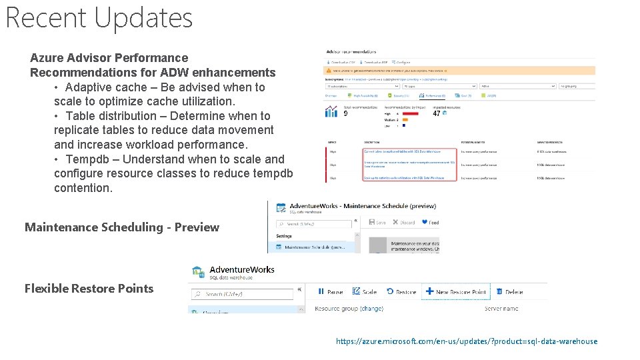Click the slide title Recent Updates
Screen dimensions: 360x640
pyautogui.click(x=99, y=18)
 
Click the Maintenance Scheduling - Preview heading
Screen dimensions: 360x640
pyautogui.click(x=122, y=227)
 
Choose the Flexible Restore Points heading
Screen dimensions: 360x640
pyautogui.click(x=89, y=289)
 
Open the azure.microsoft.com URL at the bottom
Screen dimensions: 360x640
pyautogui.click(x=467, y=341)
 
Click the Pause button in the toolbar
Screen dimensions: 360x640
pyautogui.click(x=331, y=292)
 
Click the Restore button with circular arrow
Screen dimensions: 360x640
pyautogui.click(x=402, y=292)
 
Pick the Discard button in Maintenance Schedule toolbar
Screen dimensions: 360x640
pyautogui.click(x=404, y=223)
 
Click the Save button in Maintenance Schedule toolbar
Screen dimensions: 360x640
pyautogui.click(x=377, y=223)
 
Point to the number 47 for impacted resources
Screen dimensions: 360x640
pyautogui.click(x=437, y=113)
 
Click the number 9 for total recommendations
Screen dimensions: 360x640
pyautogui.click(x=345, y=113)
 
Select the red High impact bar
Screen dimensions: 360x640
pyautogui.click(x=408, y=113)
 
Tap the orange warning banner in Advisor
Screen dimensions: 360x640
pyautogui.click(x=459, y=70)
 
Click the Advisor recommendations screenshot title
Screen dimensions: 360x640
pyautogui.click(x=351, y=51)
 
